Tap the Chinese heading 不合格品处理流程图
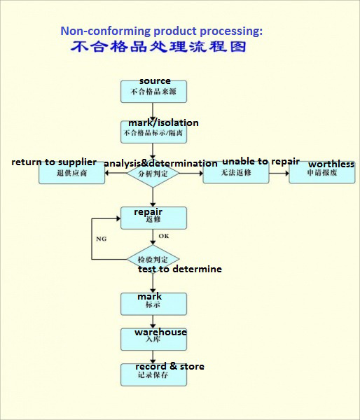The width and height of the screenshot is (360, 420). click(x=158, y=48)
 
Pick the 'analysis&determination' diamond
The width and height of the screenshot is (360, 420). click(x=153, y=172)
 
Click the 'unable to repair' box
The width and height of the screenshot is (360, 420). click(x=235, y=172)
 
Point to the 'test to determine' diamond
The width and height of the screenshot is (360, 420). click(x=153, y=259)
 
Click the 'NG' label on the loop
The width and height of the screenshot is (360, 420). click(x=101, y=239)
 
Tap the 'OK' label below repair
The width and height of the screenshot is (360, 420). click(x=163, y=236)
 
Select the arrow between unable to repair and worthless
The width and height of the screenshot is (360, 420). click(x=279, y=172)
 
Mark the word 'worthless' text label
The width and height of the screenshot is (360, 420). click(x=331, y=164)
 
